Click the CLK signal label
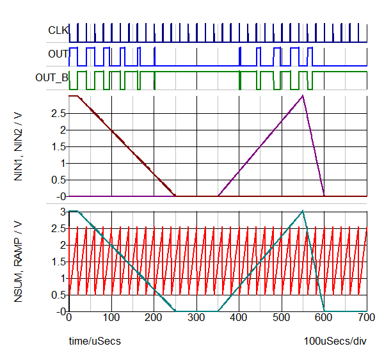(x=58, y=29)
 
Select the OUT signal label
(x=58, y=54)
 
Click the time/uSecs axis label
(x=95, y=341)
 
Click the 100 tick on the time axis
(x=111, y=317)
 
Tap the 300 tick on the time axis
(x=196, y=317)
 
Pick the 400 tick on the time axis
(x=239, y=317)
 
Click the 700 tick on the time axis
(x=367, y=317)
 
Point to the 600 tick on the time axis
(x=324, y=317)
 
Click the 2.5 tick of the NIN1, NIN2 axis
(x=59, y=113)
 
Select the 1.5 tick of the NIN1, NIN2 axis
(x=59, y=146)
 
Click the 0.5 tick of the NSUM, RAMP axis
(x=59, y=295)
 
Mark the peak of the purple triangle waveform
(x=303, y=96)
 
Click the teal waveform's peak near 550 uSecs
(x=303, y=211)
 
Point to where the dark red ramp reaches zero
(x=175, y=196)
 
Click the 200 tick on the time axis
(x=154, y=317)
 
